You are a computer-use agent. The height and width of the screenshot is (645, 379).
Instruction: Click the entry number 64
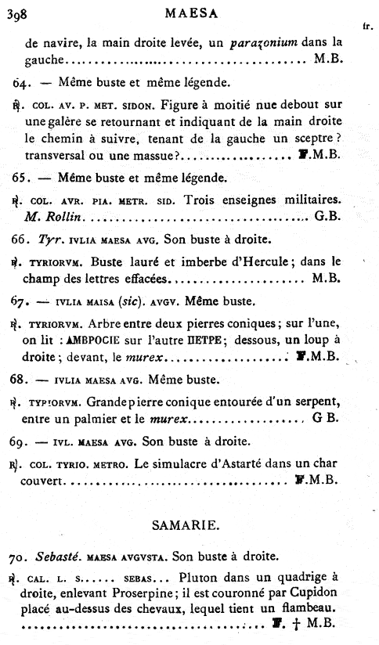click(x=21, y=81)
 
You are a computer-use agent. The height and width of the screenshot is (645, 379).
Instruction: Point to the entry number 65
click(x=21, y=177)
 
